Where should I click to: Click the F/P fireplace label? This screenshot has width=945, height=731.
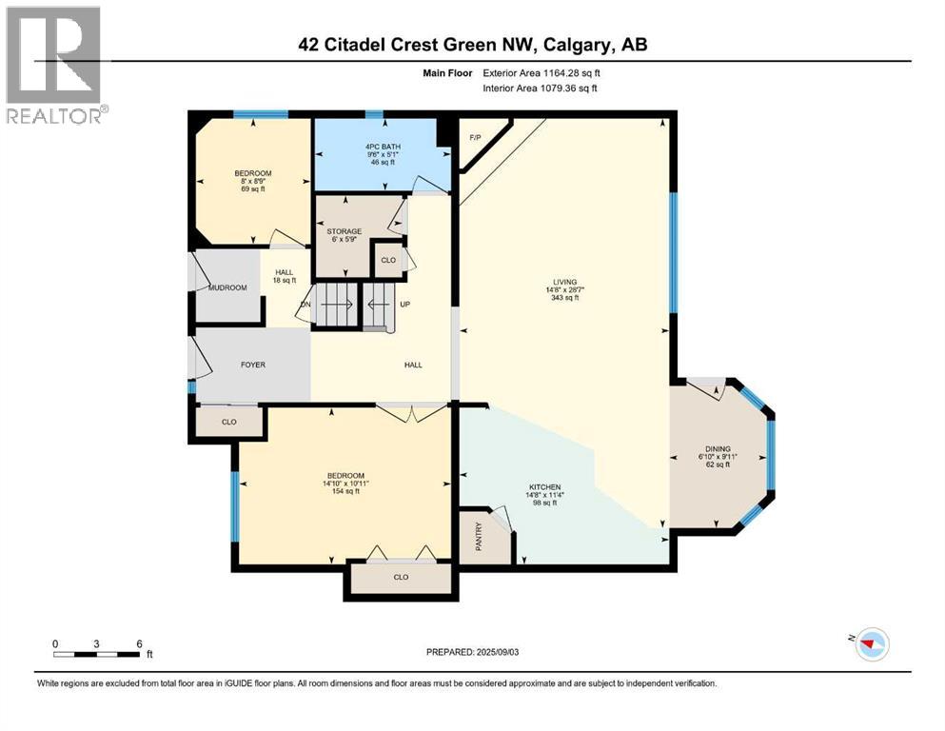[x=475, y=138]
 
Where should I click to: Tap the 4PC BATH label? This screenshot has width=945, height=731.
[x=384, y=147]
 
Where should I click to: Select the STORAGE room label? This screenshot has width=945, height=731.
[x=345, y=231]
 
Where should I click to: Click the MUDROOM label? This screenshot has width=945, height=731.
[x=227, y=287]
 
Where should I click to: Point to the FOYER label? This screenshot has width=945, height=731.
[x=252, y=365]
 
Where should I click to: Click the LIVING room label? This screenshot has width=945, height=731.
[x=566, y=282]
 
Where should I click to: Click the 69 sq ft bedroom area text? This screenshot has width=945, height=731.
[x=253, y=189]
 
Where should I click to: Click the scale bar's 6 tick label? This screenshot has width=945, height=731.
[x=140, y=643]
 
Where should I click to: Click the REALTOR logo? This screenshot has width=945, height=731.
[x=53, y=65]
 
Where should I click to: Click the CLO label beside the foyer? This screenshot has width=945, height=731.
[x=228, y=421]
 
